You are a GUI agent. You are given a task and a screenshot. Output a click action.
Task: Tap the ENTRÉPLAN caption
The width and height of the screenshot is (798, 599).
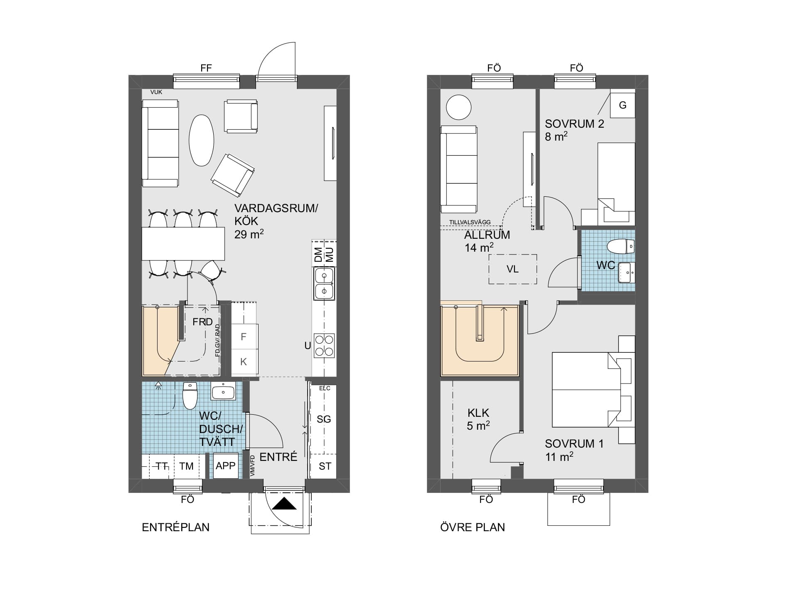(x=175, y=527)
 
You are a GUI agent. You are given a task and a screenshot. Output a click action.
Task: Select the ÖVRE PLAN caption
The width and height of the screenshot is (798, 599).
(x=473, y=527)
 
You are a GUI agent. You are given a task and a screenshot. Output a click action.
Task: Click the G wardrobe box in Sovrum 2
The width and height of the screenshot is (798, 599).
(x=622, y=105)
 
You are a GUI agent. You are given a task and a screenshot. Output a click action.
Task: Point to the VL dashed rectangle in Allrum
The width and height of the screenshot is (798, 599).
(x=512, y=269)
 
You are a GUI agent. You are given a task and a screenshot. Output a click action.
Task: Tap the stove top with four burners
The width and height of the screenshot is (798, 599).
(x=324, y=345)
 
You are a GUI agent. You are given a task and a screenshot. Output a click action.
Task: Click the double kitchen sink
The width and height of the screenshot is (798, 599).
(x=324, y=283)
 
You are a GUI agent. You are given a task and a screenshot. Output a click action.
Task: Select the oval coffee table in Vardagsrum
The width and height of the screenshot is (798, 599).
(x=202, y=140)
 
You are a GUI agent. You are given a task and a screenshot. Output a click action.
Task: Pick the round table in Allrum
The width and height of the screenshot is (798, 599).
(x=459, y=107)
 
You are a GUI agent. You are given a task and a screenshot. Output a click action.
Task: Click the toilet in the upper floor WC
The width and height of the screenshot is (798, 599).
(x=621, y=247)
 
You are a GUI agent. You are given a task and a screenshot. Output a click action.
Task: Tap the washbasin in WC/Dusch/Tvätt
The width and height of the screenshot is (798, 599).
(x=224, y=391)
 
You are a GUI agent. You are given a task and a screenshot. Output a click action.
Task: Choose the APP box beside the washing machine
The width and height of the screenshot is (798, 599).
(x=226, y=466)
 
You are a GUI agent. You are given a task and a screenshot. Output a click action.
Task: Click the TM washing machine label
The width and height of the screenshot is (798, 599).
(x=186, y=466)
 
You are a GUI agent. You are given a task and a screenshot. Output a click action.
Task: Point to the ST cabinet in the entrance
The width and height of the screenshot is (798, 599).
(x=325, y=466)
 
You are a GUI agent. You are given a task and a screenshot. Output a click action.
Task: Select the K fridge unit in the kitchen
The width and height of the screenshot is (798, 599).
(x=244, y=361)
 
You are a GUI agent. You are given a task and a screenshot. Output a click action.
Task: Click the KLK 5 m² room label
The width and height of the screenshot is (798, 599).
(x=478, y=419)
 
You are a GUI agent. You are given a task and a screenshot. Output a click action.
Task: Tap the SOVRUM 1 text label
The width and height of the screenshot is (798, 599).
(x=574, y=444)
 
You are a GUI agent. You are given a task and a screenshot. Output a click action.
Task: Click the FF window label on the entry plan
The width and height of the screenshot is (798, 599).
(x=206, y=68)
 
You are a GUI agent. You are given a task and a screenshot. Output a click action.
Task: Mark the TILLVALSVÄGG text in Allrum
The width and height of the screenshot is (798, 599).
(x=470, y=222)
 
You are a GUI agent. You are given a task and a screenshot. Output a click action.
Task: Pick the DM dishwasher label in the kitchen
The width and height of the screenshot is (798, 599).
(x=318, y=255)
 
